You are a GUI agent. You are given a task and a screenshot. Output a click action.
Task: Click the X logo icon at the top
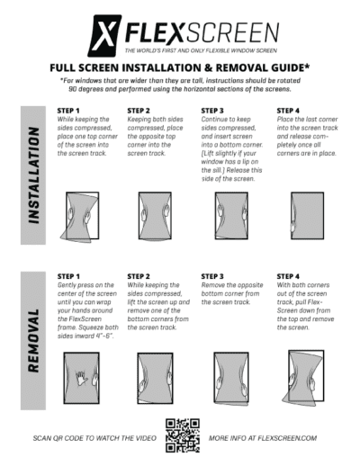tap(105, 34)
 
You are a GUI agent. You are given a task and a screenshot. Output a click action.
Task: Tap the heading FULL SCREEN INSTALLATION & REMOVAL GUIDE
tap(180, 67)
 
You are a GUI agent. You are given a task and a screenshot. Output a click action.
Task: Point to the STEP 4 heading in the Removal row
tap(287, 276)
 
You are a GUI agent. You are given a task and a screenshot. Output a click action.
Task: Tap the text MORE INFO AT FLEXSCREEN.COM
tap(263, 438)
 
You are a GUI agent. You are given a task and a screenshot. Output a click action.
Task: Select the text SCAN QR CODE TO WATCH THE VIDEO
tap(94, 438)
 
